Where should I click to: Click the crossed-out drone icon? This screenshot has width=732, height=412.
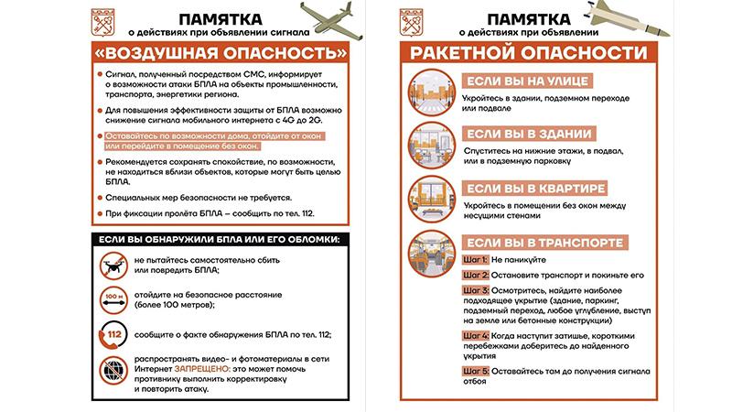tap(115, 266)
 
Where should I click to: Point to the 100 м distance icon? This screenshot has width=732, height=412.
tap(115, 301)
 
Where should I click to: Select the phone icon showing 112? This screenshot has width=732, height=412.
tap(115, 336)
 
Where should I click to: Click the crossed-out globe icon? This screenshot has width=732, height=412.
tap(115, 372)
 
